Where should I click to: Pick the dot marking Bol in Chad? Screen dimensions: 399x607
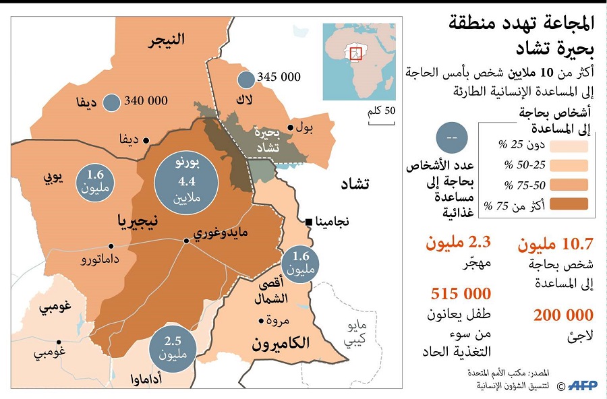291,127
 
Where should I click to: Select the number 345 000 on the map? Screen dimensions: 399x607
279,78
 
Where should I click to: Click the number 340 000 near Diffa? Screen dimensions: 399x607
146,101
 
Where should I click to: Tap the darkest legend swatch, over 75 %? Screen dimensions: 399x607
568,204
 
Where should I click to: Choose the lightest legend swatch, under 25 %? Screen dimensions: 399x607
568,146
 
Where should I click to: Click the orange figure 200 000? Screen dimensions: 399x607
563,315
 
